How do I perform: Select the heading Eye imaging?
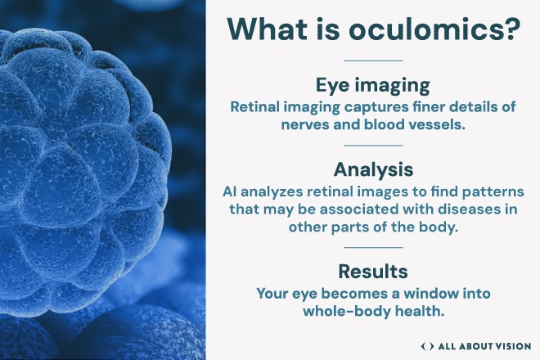pyautogui.click(x=373, y=85)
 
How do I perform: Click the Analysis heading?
pyautogui.click(x=373, y=169)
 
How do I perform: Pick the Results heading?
pyautogui.click(x=373, y=271)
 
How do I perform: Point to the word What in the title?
pyautogui.click(x=267, y=29)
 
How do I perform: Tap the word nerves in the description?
pyautogui.click(x=304, y=124)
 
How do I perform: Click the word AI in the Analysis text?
pyautogui.click(x=229, y=191)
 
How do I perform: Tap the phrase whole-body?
pyautogui.click(x=347, y=312)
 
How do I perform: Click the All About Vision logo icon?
pyautogui.click(x=427, y=346)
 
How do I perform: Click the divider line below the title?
pyautogui.click(x=373, y=61)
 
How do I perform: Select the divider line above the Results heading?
pyautogui.click(x=373, y=247)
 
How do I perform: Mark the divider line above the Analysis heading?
pyautogui.click(x=373, y=146)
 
